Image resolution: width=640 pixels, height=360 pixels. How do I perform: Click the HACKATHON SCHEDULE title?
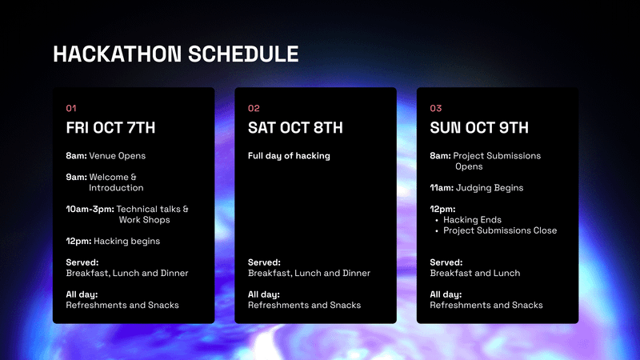(x=175, y=54)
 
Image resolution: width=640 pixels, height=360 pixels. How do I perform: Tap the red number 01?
(x=71, y=108)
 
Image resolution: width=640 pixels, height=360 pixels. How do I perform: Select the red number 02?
(x=254, y=108)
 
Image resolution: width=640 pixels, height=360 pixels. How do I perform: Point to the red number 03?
(x=435, y=108)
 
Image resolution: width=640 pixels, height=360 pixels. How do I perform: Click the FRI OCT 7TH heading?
(x=110, y=128)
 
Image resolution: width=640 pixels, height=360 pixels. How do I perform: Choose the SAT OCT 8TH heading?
(x=295, y=128)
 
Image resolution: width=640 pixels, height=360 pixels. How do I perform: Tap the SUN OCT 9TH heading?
(x=478, y=128)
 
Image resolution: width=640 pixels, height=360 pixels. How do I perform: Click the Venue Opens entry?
(x=117, y=156)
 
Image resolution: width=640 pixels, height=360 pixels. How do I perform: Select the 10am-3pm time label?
(x=90, y=209)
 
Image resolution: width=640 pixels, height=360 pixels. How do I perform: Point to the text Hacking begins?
(x=127, y=242)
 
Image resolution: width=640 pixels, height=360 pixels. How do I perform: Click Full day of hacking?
(x=289, y=156)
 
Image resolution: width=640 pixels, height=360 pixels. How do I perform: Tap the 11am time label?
(x=442, y=188)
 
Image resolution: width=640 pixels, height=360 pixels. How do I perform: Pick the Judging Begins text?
(x=490, y=188)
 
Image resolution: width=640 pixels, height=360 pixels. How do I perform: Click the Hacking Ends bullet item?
(x=472, y=219)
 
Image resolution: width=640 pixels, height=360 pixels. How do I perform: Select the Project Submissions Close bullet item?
(x=500, y=230)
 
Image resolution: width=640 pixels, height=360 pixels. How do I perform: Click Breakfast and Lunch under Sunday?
(x=475, y=273)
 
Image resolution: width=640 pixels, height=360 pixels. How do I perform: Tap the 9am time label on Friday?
(x=76, y=177)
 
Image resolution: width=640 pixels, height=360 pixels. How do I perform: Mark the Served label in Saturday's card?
(x=264, y=262)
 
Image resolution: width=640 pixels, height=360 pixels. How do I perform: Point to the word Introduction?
(x=116, y=188)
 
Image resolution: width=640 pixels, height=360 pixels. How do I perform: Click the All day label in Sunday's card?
(x=446, y=294)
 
